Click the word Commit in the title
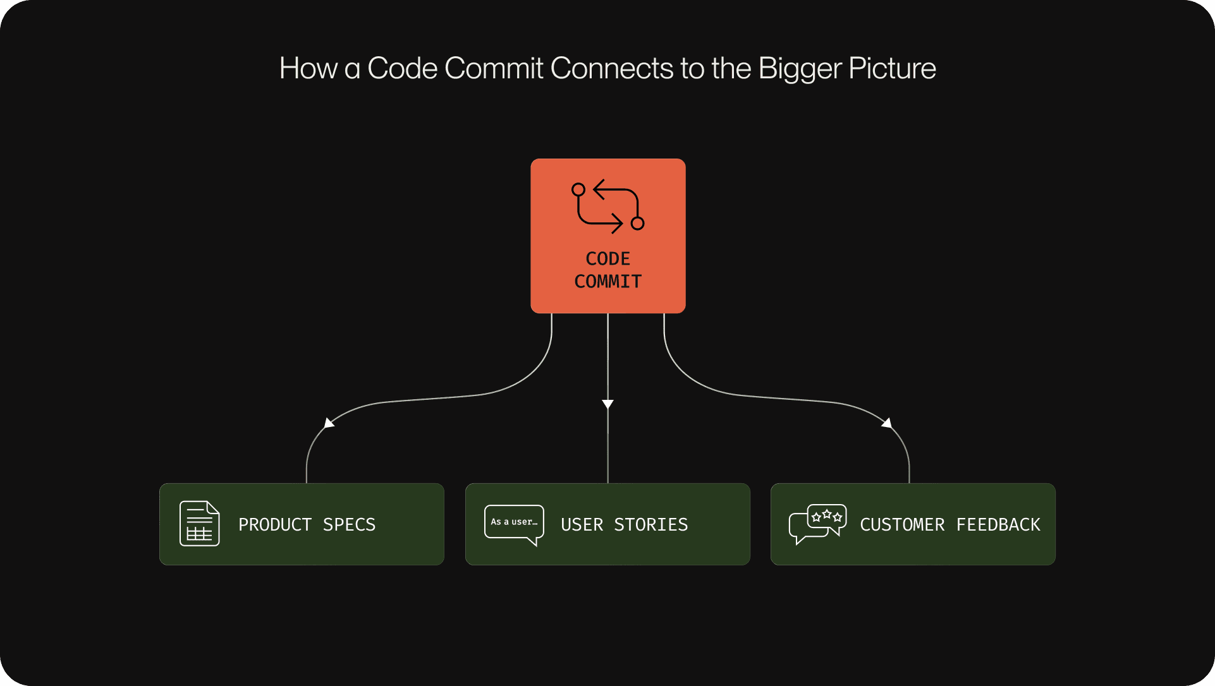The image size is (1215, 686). click(493, 68)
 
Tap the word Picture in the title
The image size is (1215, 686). click(892, 68)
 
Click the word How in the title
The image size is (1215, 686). click(308, 68)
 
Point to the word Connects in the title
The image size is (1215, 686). click(611, 68)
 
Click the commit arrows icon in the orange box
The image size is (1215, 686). click(607, 207)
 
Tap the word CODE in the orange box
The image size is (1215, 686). click(607, 259)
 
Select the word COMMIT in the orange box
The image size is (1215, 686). click(607, 282)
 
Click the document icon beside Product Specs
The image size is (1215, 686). click(199, 524)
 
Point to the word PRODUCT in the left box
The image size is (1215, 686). click(275, 525)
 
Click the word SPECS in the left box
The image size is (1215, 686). click(349, 525)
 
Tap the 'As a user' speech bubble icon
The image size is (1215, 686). click(514, 524)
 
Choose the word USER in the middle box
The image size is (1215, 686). click(582, 525)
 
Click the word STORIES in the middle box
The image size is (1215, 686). click(650, 525)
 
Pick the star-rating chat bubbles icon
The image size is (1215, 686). click(817, 524)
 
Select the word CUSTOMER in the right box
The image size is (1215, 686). click(902, 525)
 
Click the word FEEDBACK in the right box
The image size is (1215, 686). click(998, 525)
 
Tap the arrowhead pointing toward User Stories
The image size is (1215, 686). click(607, 404)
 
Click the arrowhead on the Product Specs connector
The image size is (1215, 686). click(329, 423)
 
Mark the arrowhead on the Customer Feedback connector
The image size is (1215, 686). click(887, 423)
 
